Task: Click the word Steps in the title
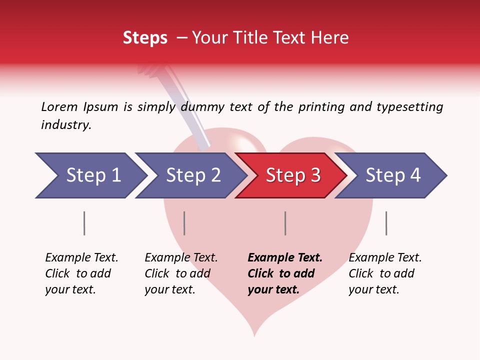pos(145,38)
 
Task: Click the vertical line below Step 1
pos(84,223)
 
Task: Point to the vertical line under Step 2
pos(184,223)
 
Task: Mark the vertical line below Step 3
pos(285,223)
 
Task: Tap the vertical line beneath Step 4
pos(386,223)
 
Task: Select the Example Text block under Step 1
pos(81,273)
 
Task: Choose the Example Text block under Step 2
pos(181,273)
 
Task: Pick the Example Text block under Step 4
pos(385,273)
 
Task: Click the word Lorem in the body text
pos(59,107)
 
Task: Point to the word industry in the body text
pos(66,125)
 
